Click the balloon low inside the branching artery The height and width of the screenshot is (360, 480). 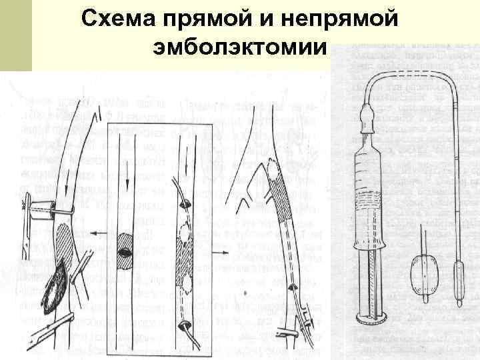pos(291,287)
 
